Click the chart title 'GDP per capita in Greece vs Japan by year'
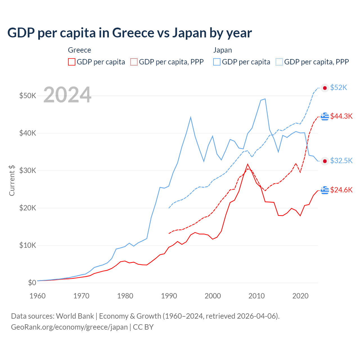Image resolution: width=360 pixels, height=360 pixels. tap(129, 33)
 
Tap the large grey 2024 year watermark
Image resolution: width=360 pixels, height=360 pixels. tap(67, 95)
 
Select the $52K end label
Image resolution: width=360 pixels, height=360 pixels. tap(339, 88)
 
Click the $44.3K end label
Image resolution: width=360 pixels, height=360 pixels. tap(341, 116)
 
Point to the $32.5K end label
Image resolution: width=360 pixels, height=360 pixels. tap(341, 161)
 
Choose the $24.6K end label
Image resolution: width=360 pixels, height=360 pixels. tap(341, 190)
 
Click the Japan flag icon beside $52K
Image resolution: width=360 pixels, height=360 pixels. tap(325, 88)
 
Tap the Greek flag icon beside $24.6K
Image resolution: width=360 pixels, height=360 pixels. tap(325, 190)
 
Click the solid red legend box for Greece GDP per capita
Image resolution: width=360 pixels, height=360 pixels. tap(72, 62)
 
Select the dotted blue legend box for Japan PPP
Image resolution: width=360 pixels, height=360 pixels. tap(279, 62)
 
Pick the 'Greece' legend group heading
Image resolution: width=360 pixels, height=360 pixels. tap(80, 50)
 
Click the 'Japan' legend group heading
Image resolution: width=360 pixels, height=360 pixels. tap(222, 50)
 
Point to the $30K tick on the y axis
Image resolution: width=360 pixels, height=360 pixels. tap(28, 170)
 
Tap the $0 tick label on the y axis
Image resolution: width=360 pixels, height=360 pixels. tap(32, 283)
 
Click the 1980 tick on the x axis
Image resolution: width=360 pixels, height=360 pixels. tap(125, 296)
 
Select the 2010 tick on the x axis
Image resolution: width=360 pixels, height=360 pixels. tap(256, 296)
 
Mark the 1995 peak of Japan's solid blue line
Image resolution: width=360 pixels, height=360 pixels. tap(191, 117)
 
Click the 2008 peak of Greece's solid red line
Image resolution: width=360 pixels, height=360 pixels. tap(248, 164)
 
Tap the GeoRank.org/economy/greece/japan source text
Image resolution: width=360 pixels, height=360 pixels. tap(69, 327)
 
